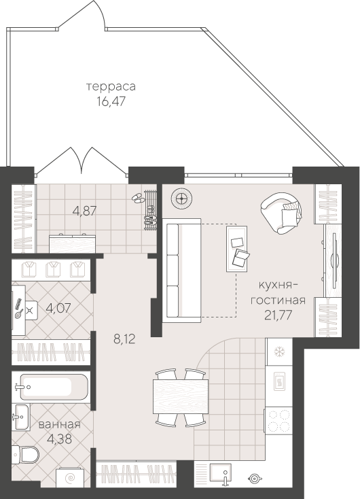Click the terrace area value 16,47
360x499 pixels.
[x=111, y=101]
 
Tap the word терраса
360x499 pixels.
[x=111, y=86]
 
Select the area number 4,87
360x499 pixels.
[x=84, y=211]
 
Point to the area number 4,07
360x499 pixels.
[x=58, y=308]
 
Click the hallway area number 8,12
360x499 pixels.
[x=124, y=339]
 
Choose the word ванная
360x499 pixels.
[x=60, y=424]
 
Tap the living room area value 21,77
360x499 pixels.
[x=278, y=315]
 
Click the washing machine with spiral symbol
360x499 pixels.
[x=69, y=478]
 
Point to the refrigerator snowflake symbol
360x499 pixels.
[x=279, y=352]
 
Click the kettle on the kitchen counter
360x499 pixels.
[x=255, y=479]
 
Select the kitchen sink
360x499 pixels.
[x=220, y=473]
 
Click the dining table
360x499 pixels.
[x=181, y=396]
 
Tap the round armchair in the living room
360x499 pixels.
[x=281, y=213]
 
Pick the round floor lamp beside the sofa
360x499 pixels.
[x=181, y=199]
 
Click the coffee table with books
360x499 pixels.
[x=236, y=248]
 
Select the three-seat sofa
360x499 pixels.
[x=181, y=270]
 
